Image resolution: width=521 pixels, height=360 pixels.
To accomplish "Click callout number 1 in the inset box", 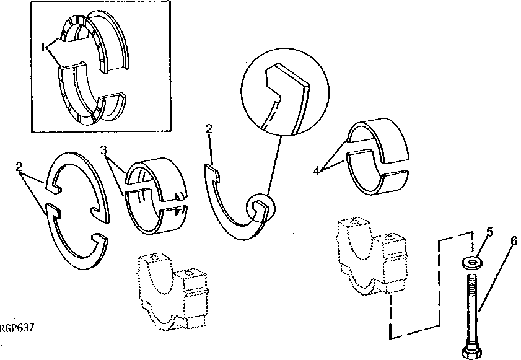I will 43,46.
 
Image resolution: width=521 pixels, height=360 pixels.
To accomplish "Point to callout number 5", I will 489,233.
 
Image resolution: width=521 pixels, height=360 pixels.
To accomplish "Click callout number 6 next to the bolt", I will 514,242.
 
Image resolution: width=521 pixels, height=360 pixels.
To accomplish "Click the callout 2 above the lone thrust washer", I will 209,128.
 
